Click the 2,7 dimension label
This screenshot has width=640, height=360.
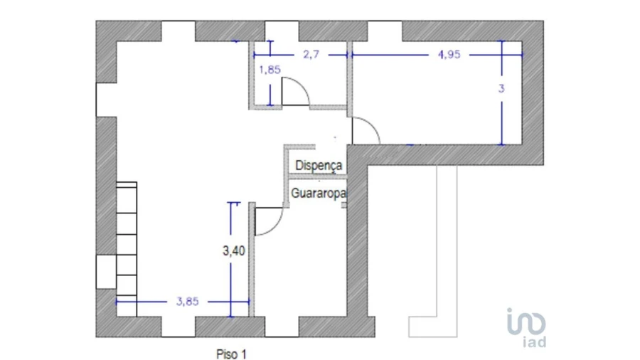click(311, 54)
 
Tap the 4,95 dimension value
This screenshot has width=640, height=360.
click(449, 54)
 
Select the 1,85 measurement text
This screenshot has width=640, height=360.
click(270, 70)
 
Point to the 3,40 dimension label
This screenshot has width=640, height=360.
click(234, 250)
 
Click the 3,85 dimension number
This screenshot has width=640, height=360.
click(187, 301)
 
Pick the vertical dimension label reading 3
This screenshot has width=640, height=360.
click(501, 88)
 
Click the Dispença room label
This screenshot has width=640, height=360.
click(319, 165)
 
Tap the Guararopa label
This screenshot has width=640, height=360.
click(319, 193)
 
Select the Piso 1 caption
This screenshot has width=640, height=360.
click(231, 354)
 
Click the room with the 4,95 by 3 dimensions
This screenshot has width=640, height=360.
click(437, 93)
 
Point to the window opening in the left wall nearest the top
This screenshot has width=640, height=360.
click(106, 100)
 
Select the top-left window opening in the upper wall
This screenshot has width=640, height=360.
click(178, 31)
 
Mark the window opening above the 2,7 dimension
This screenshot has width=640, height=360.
click(282, 31)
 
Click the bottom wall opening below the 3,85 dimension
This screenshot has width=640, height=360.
click(178, 327)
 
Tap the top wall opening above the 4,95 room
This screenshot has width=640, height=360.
click(385, 31)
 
